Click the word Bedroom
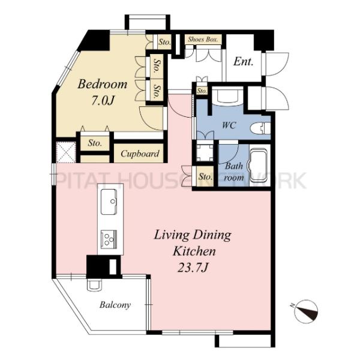point(103,84)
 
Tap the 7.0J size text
point(102,100)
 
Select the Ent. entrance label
point(243,61)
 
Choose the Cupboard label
point(140,154)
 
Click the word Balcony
point(115,305)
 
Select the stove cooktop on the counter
point(110,241)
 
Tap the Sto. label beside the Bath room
point(205,177)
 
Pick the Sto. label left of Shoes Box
point(164,42)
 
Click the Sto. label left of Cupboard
point(94,143)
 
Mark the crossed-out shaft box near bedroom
point(64,151)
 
